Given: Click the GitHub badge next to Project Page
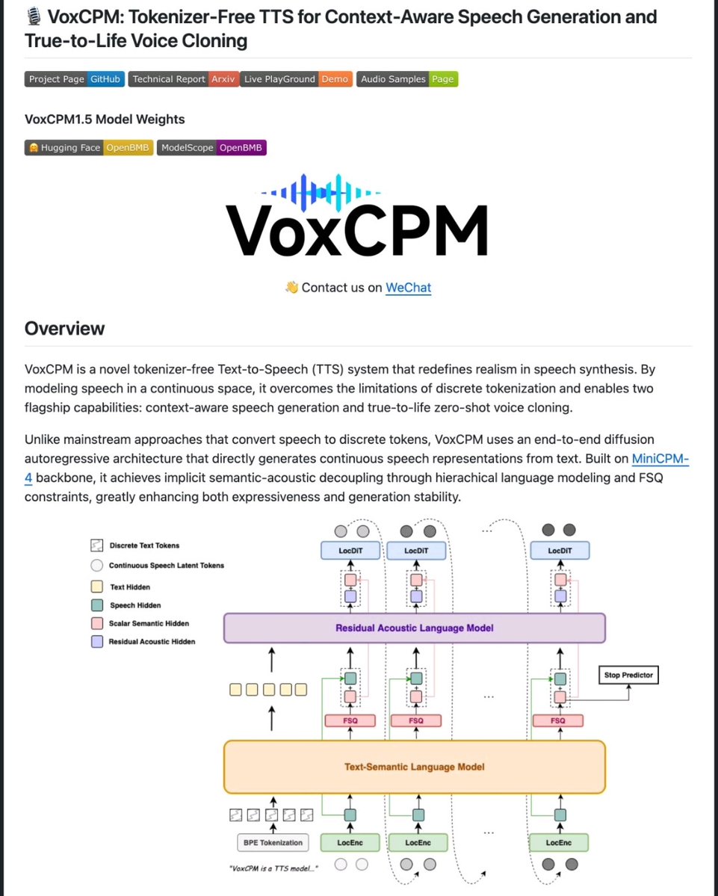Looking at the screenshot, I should (105, 79).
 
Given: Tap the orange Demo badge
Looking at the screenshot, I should (335, 79).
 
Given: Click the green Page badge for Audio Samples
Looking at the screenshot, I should (443, 79).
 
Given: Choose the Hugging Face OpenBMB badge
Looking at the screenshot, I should (128, 148).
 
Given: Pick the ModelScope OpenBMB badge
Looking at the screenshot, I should (241, 148).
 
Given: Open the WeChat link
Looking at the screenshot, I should (408, 287).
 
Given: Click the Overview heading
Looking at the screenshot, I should (65, 329).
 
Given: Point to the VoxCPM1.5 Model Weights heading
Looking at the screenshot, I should (105, 120).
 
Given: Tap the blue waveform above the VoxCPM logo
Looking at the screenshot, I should (326, 191).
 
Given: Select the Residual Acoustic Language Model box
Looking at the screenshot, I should (414, 628).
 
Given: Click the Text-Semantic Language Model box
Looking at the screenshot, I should (414, 767).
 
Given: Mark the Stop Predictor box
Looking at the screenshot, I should (628, 676).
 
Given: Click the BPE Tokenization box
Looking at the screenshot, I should (273, 843).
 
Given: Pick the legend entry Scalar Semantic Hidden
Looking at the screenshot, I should (148, 623).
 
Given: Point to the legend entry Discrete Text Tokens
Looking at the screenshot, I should (143, 546).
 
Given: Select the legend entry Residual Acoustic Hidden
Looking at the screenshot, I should (152, 642).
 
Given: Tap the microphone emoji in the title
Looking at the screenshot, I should (33, 16).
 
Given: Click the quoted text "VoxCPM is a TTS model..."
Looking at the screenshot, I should (274, 868).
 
